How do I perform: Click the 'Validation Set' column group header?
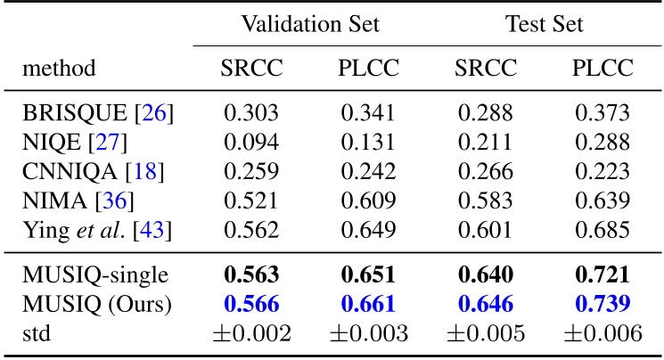tap(309, 24)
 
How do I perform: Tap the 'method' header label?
tap(61, 69)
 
